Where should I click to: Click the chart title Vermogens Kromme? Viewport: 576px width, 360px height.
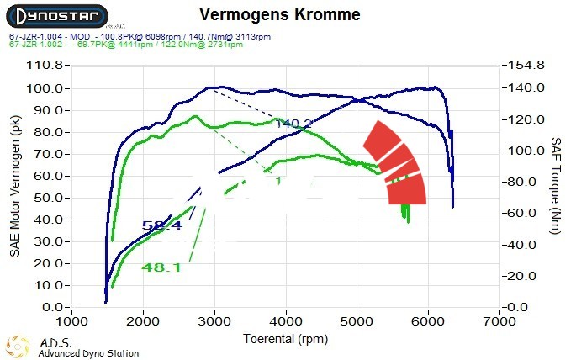coord(280,15)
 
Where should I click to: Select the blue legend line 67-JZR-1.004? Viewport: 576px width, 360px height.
coord(140,37)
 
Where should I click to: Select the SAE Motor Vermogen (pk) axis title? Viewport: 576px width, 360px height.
coord(15,187)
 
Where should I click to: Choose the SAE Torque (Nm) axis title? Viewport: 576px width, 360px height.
coord(556,187)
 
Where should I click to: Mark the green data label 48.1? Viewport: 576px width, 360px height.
coord(161,267)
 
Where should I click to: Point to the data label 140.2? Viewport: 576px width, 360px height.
coord(294,124)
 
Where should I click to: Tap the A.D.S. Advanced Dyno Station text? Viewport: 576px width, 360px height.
coord(87,348)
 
